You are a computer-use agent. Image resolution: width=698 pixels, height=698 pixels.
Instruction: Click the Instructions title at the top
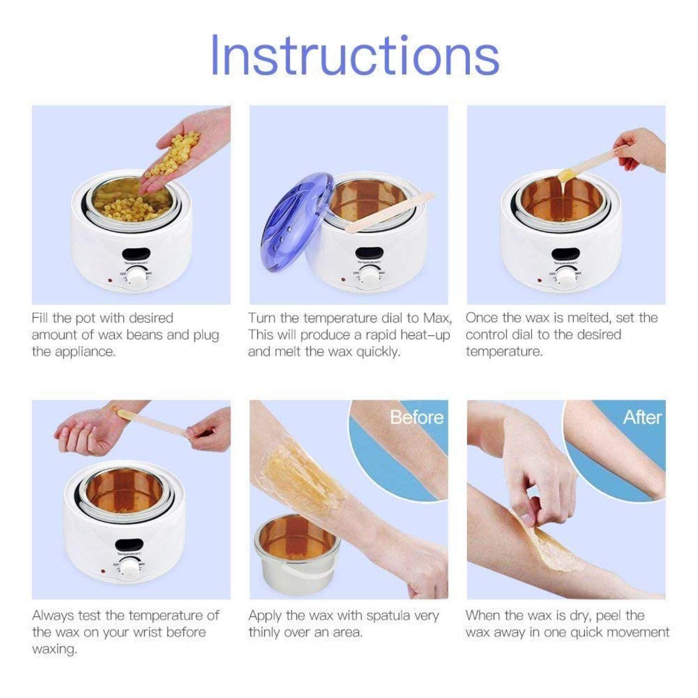point(355,55)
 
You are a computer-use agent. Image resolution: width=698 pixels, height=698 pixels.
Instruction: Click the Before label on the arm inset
point(416,417)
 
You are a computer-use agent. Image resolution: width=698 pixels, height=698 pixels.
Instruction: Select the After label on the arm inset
point(642,417)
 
